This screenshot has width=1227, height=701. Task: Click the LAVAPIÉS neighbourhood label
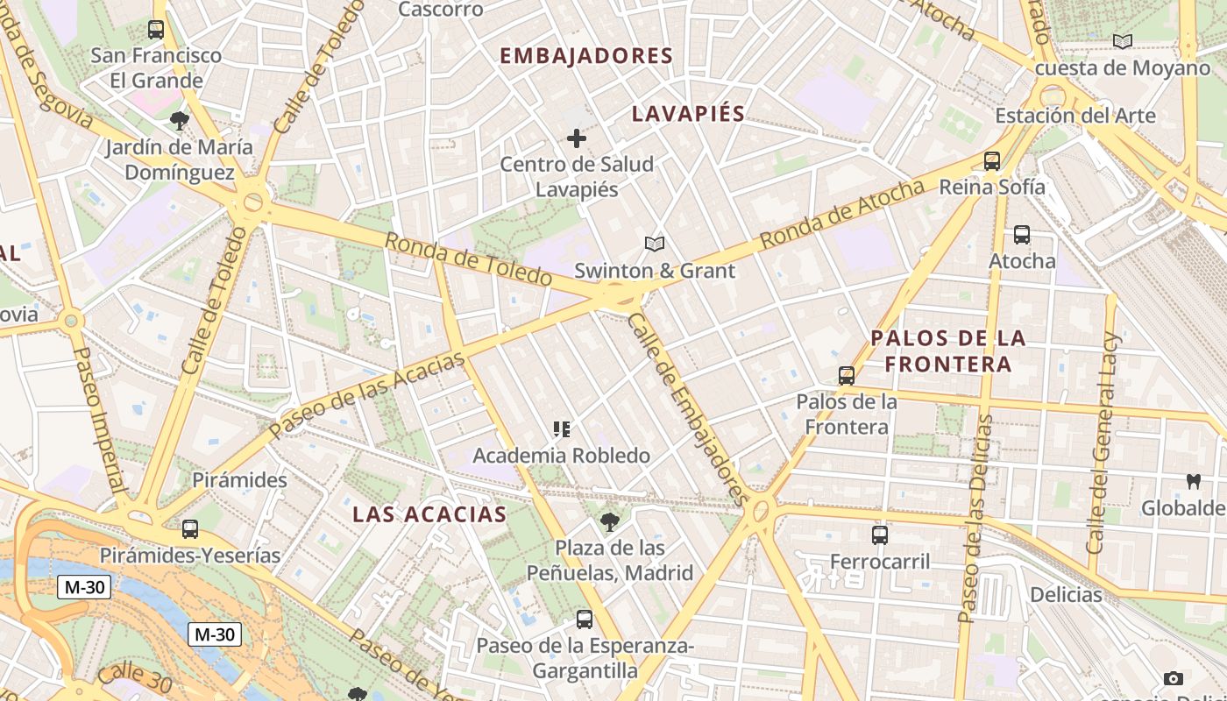[x=688, y=113]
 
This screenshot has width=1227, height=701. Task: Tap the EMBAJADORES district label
[x=586, y=56]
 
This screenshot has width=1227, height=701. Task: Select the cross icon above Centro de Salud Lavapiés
[x=577, y=138]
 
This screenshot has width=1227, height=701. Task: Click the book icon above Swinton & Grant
[x=655, y=244]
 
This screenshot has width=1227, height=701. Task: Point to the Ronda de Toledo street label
[x=468, y=259]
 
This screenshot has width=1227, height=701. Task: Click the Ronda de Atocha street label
[x=841, y=213]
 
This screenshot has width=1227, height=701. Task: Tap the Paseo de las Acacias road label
[x=367, y=395]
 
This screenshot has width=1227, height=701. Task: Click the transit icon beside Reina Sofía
[x=992, y=161]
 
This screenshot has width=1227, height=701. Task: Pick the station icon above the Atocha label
[x=1022, y=235]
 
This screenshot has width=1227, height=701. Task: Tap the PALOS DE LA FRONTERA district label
[x=947, y=350]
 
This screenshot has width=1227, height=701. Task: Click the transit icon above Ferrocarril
[x=880, y=535]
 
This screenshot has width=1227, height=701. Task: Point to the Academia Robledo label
[x=562, y=456]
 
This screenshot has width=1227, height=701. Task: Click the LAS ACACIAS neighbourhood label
[x=429, y=514]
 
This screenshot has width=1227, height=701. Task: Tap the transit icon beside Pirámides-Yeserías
[x=190, y=529]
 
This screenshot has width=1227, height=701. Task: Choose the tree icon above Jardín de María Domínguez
[x=180, y=121]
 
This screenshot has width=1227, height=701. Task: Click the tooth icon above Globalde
[x=1193, y=481]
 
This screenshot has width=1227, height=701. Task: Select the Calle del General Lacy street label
[x=1103, y=443]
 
